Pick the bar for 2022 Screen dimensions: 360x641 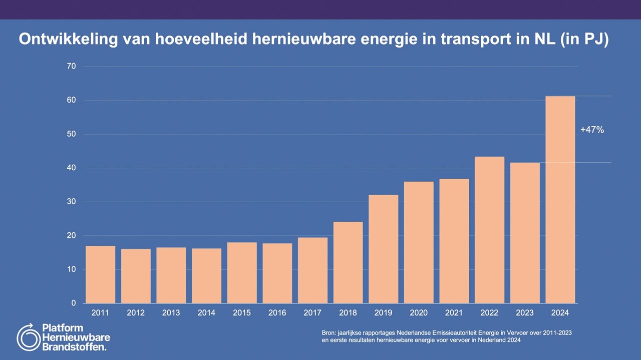point(489,230)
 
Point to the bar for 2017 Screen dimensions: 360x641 point(312,270)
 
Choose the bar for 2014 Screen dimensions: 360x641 point(206,276)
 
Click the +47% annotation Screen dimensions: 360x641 point(592,130)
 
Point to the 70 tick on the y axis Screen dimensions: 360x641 point(71,66)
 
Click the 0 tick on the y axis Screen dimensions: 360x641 point(73,303)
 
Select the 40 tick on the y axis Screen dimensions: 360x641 point(71,168)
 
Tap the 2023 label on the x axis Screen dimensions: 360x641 point(525,313)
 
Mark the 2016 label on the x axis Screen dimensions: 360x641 point(277,313)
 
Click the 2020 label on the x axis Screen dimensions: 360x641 point(419,313)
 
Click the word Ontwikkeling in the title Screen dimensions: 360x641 point(68,40)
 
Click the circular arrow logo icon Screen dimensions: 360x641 point(28,337)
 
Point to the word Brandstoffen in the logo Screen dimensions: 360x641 point(74,346)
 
